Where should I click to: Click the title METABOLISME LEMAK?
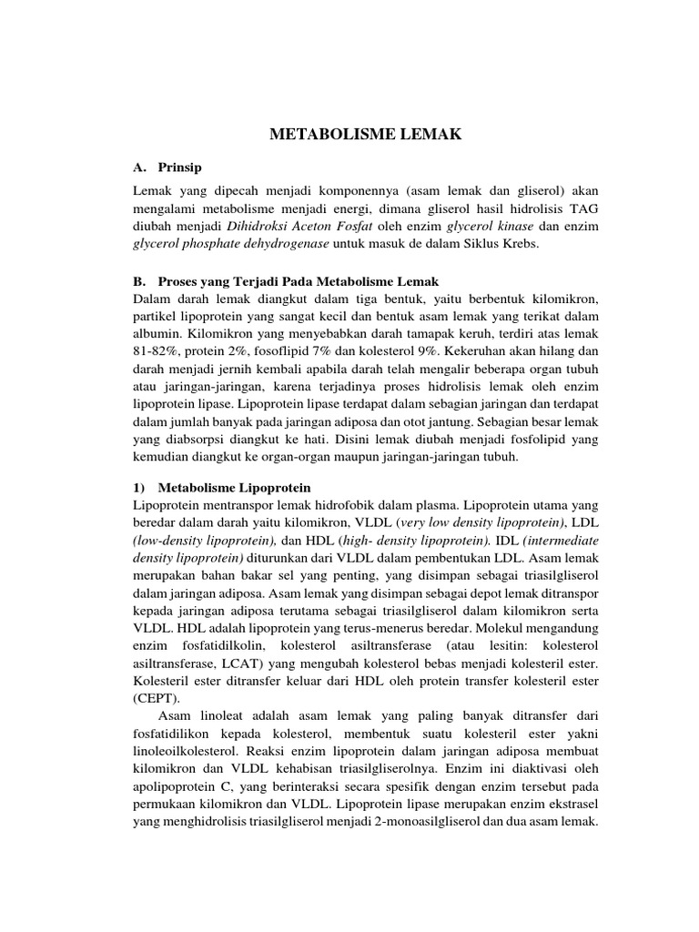click(366, 135)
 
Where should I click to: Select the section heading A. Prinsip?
click(167, 167)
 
